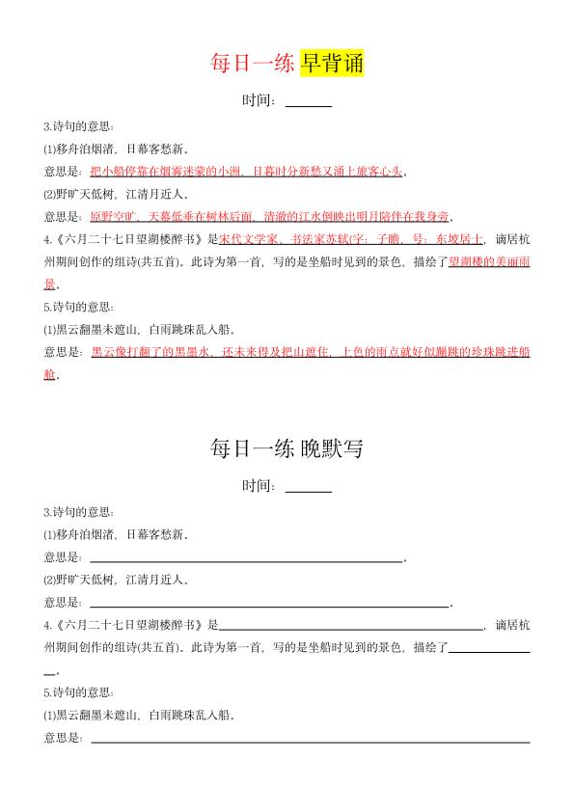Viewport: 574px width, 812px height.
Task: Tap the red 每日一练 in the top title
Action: click(x=254, y=63)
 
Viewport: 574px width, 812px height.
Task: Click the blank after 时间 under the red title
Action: click(x=309, y=103)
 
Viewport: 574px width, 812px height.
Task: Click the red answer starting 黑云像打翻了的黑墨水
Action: click(x=309, y=353)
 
